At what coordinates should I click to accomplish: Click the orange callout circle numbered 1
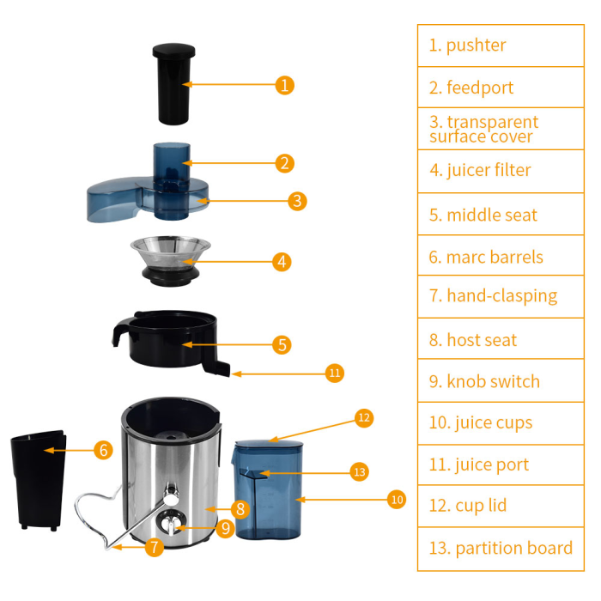[285, 85]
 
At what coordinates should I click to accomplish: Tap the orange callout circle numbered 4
[282, 262]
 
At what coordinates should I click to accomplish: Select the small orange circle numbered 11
[335, 373]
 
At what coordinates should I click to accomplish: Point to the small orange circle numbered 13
[359, 471]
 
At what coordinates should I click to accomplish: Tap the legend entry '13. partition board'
[501, 548]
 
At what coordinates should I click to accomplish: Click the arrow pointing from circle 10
[343, 499]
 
